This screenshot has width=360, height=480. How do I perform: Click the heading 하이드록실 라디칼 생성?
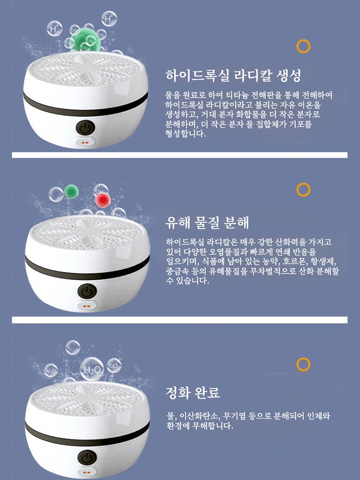coord(233,75)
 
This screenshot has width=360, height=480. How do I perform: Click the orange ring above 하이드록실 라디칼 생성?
coord(303,46)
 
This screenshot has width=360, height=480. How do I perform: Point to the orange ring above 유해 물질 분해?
coord(303,190)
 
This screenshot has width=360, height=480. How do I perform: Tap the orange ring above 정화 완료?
coord(303,364)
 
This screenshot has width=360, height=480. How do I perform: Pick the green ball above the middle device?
coord(72,191)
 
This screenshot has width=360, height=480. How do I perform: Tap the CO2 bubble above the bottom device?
coord(114,366)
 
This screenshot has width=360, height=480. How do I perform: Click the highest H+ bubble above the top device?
coord(110,20)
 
